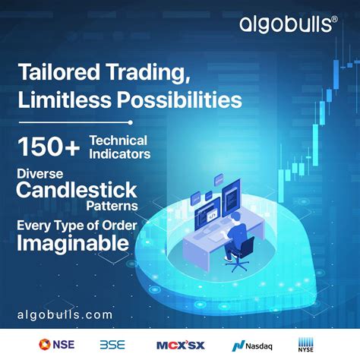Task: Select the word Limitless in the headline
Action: point(57,99)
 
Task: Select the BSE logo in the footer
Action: point(112,343)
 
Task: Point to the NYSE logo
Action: point(306,343)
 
